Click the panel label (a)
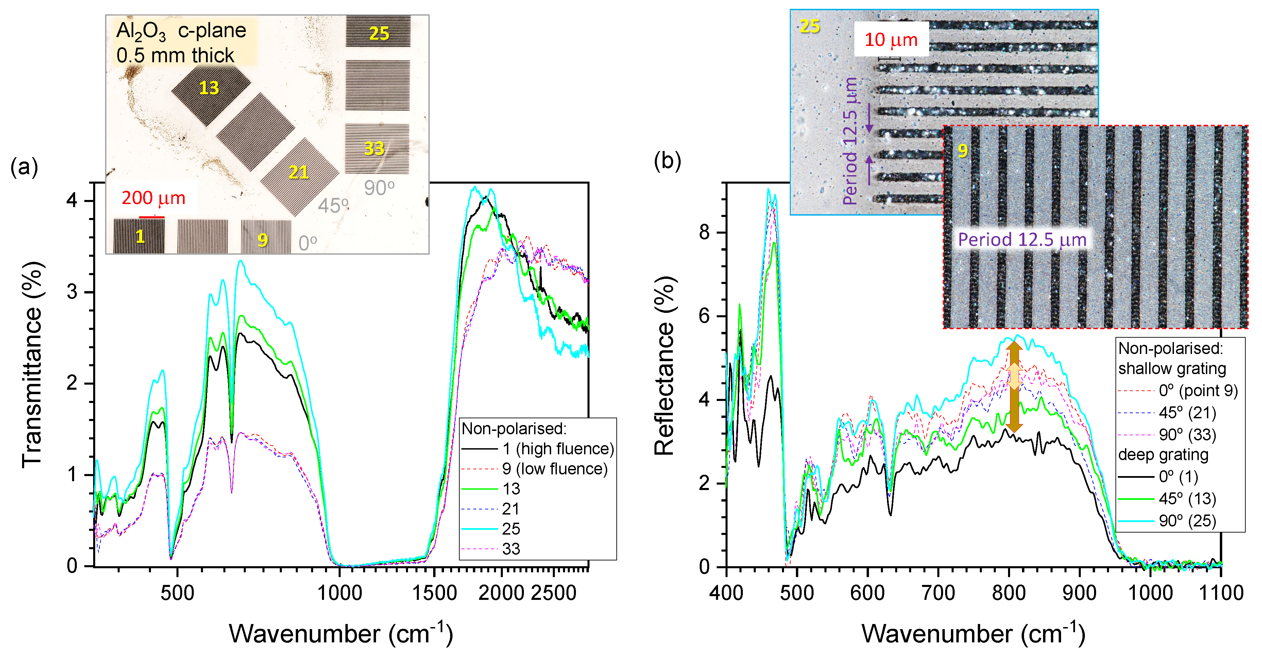(24, 168)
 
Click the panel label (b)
(667, 161)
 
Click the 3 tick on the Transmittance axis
(72, 292)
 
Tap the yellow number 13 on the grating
(209, 88)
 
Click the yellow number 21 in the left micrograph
(299, 172)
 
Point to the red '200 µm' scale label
(153, 198)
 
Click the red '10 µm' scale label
(891, 40)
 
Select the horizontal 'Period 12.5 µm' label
(1022, 240)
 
